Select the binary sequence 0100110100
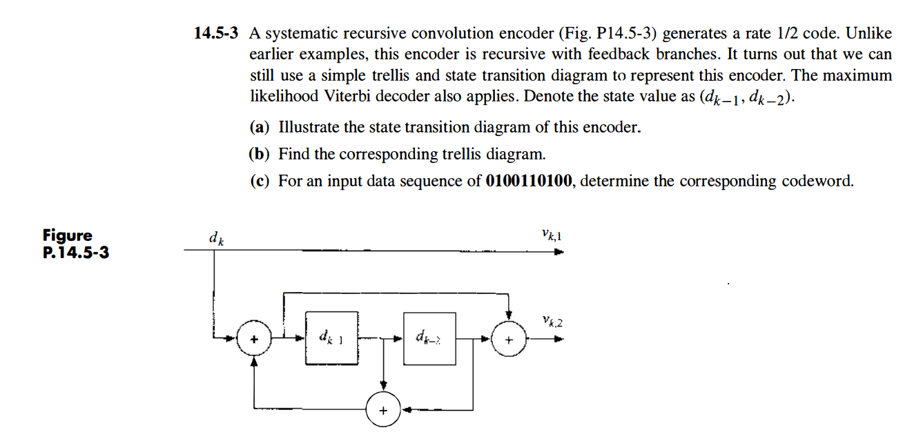click(x=529, y=181)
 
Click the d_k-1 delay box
click(x=332, y=338)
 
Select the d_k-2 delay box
click(x=429, y=338)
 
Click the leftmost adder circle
click(x=254, y=340)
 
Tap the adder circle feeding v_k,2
click(x=509, y=340)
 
